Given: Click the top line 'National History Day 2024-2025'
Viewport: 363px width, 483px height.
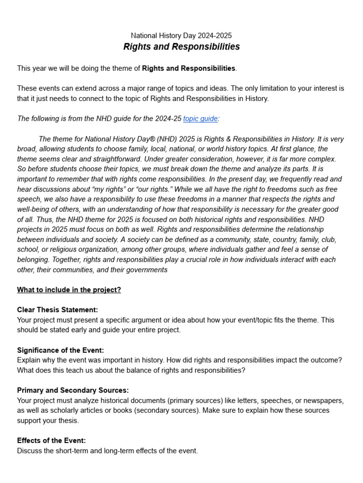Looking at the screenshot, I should [x=181, y=35].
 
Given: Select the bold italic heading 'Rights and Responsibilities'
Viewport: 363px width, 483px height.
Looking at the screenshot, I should [x=181, y=47].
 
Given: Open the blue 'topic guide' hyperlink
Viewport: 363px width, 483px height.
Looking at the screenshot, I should [x=200, y=119].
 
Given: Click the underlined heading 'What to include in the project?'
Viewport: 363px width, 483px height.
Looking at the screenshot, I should [x=69, y=290].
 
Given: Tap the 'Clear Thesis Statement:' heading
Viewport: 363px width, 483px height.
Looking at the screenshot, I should [x=58, y=310].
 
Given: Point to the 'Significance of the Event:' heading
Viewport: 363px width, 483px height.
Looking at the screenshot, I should [x=60, y=350].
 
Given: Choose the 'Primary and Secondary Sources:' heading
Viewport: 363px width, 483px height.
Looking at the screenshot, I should [x=73, y=391].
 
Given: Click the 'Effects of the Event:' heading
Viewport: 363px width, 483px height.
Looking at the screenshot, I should [x=52, y=441].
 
